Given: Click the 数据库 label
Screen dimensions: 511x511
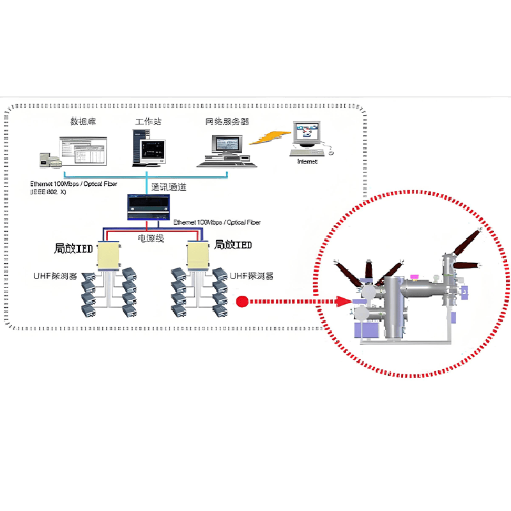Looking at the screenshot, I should pos(83,121).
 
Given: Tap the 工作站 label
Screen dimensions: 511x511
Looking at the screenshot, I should pos(147,121).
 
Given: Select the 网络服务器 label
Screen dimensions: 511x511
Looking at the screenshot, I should pos(227,121).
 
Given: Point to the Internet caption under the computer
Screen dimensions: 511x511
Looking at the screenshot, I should pos(307,162).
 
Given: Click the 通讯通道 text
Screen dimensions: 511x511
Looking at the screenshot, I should pos(169,188).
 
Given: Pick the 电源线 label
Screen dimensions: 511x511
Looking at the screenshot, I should pos(152,238).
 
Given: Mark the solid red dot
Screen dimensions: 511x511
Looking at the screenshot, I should pos(242,301).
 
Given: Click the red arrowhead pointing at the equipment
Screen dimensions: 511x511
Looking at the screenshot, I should pos(344,301).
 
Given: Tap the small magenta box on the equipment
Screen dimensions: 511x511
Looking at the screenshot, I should pos(414,277).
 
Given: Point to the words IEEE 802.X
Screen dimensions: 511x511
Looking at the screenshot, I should pos(49,192).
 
